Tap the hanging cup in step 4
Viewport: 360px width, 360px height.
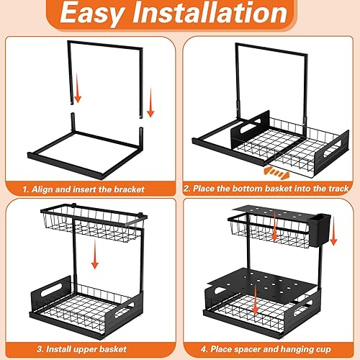tap(321, 230)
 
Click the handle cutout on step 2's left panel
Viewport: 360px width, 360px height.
tap(243, 122)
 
